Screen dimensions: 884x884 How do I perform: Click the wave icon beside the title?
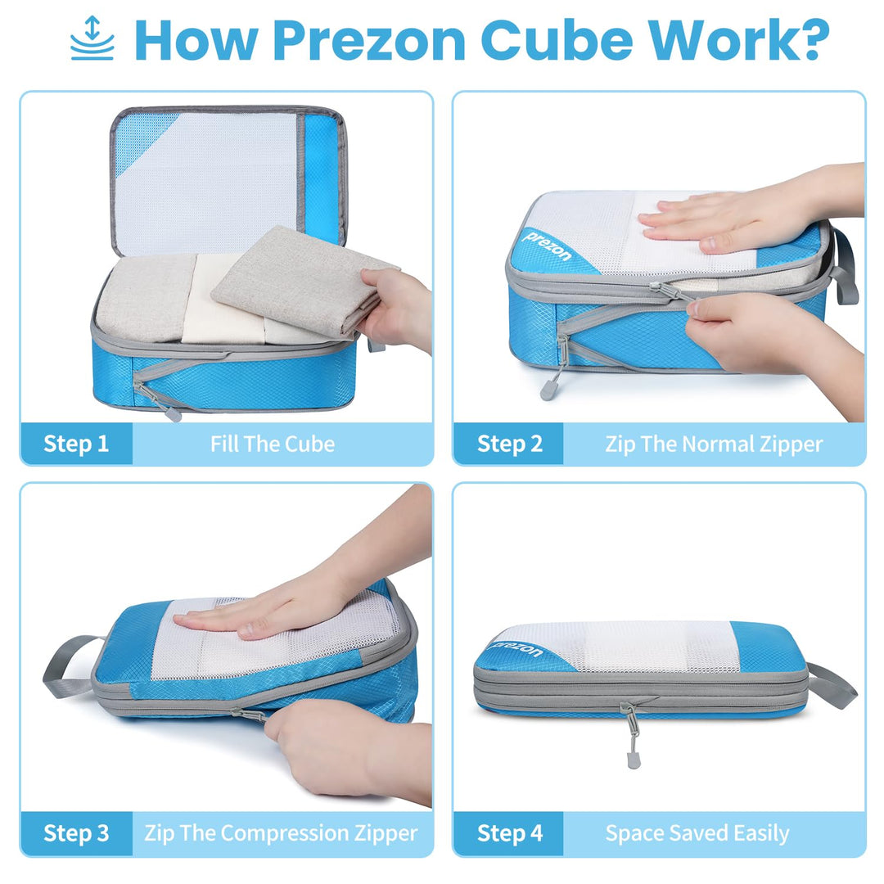tap(92, 38)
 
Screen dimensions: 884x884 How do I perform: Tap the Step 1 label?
tap(76, 444)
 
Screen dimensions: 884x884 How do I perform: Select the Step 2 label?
tap(509, 444)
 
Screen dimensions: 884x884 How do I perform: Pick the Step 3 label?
tap(76, 833)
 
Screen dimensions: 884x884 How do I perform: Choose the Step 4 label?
tap(509, 833)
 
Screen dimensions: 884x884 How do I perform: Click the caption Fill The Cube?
tap(273, 444)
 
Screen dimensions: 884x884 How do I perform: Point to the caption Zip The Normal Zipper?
tap(714, 444)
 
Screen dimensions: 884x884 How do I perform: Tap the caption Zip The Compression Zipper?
tap(281, 833)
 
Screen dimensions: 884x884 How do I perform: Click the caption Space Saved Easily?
tap(697, 833)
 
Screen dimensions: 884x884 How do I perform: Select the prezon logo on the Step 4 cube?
tap(517, 650)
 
